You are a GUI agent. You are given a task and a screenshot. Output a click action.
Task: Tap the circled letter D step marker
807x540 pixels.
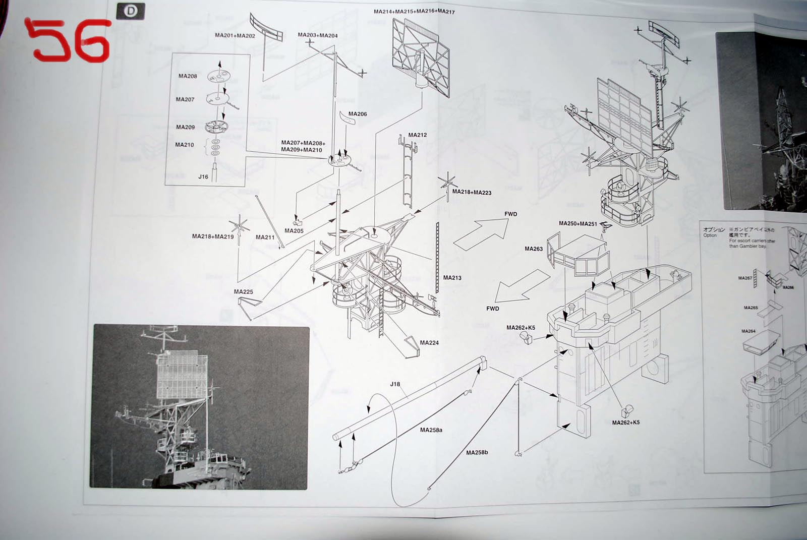[x=130, y=11]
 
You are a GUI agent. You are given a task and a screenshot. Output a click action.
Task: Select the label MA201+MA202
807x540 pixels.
[x=235, y=35]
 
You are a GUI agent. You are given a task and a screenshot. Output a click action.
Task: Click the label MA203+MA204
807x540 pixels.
[x=318, y=35]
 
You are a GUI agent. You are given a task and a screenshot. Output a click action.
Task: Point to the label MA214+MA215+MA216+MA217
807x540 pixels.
[x=414, y=12]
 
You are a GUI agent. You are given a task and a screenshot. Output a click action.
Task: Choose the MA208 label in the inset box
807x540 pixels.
[x=188, y=76]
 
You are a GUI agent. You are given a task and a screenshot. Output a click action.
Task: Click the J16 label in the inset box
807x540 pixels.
[x=203, y=177]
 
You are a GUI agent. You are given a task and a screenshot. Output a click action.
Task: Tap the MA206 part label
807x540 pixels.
[x=358, y=114]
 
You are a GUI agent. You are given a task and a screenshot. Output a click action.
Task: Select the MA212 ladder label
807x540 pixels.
[x=418, y=135]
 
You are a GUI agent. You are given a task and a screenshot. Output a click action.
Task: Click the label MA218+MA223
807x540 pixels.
[x=472, y=192]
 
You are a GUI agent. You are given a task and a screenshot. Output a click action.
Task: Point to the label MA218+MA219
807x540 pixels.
[x=213, y=236]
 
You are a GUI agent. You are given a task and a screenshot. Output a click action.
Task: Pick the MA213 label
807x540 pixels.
[x=452, y=278]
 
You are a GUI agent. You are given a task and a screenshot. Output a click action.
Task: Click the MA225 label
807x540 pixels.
[x=244, y=292]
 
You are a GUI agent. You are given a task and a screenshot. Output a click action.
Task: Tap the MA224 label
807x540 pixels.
[x=429, y=343]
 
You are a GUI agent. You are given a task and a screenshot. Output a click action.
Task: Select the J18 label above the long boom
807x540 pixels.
[x=395, y=384]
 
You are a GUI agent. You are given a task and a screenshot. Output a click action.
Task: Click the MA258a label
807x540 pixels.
[x=431, y=430]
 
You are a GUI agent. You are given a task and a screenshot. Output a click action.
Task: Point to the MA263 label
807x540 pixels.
[x=534, y=249]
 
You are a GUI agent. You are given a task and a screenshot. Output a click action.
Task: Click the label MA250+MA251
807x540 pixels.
[x=578, y=223]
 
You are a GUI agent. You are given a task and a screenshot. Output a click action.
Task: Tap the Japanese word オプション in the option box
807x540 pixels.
[x=714, y=229]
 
